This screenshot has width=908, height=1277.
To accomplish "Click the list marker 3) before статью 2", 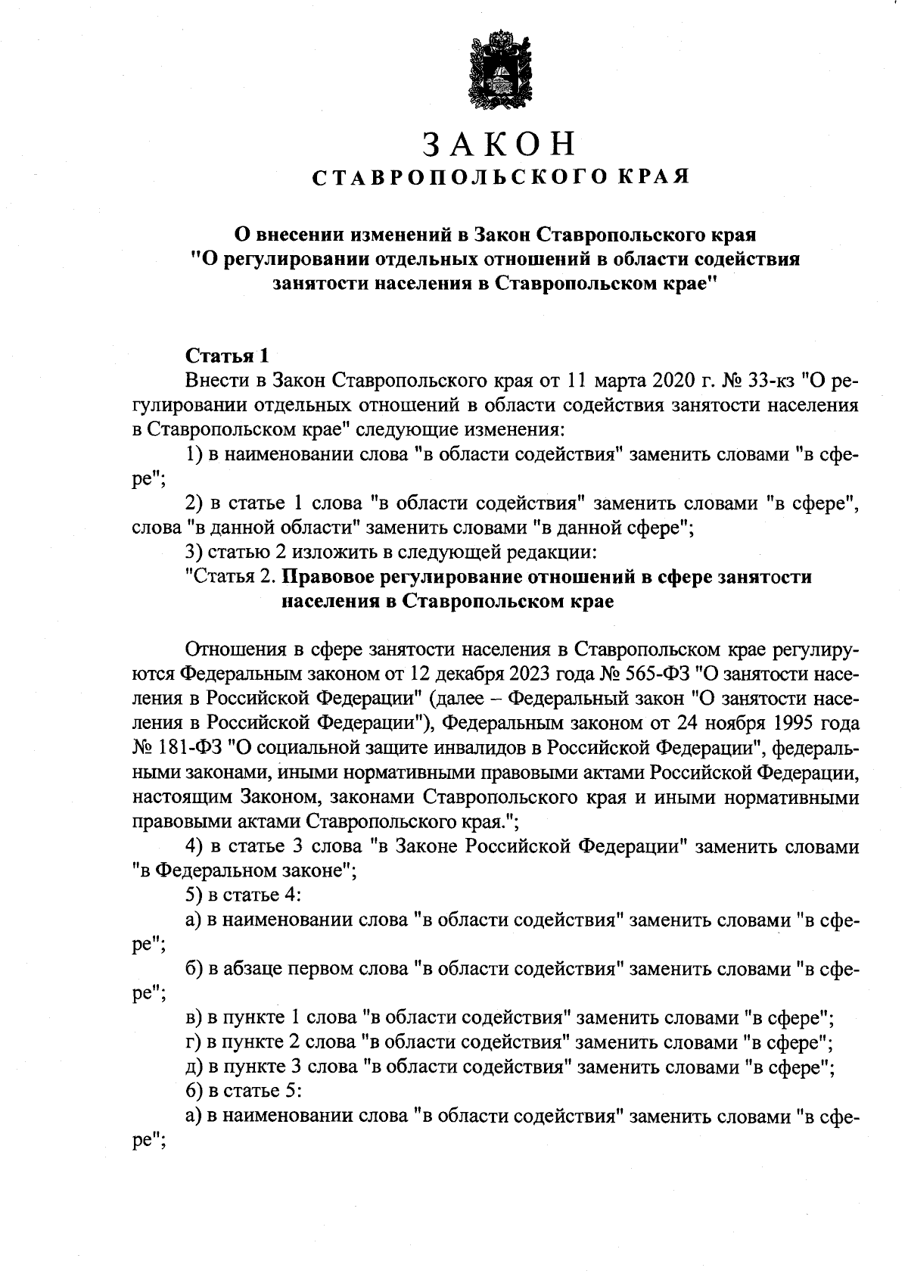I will pos(193,552).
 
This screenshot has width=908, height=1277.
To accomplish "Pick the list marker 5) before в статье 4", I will pos(193,895).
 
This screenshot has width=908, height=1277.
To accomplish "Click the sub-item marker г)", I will pos(192,1042).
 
